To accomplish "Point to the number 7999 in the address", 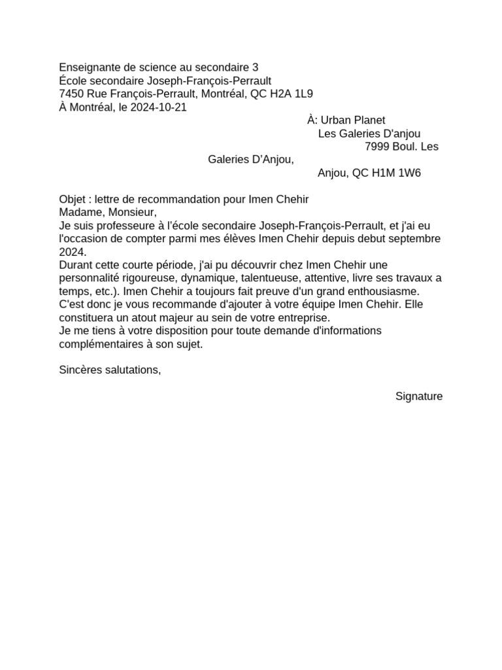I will pos(378,147).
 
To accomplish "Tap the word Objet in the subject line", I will pos(73,199).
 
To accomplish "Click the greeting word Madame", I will pos(79,212).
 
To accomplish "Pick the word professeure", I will pos(120,226).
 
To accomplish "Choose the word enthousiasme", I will pos(384,291).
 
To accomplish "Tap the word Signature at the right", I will pos(419,397).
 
